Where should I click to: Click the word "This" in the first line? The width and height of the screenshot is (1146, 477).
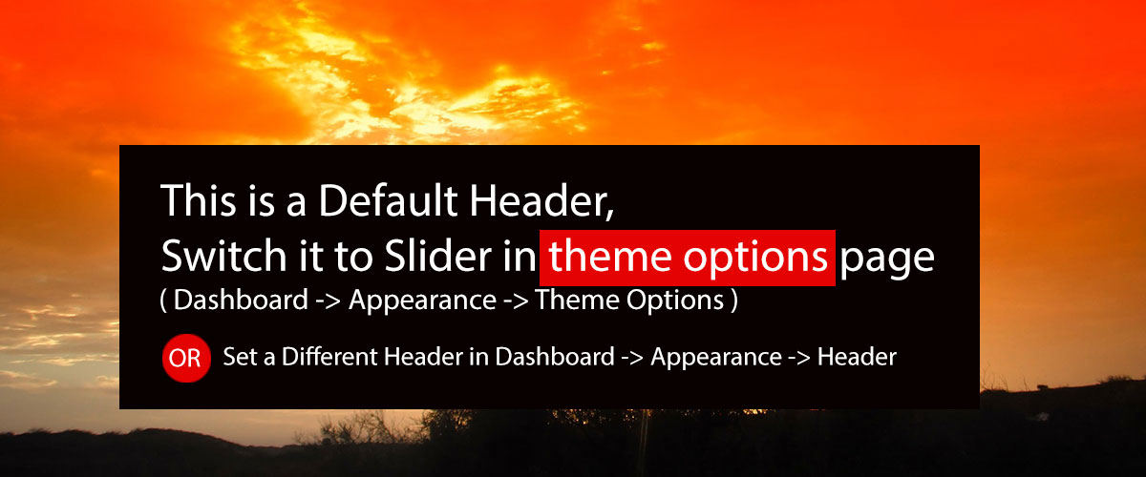[x=199, y=200]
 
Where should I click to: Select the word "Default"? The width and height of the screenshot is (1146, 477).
[x=388, y=200]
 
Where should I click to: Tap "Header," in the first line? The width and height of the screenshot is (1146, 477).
[x=542, y=201]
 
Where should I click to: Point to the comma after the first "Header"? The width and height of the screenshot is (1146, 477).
[x=609, y=215]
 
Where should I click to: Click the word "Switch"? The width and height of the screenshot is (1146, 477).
[x=224, y=256]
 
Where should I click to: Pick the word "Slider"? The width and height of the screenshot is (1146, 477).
[x=438, y=256]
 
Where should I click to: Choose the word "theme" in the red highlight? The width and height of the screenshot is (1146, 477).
[x=610, y=257]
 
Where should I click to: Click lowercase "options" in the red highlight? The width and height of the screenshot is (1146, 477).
[x=755, y=259]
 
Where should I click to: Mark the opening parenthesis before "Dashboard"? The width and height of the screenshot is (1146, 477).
[x=163, y=301]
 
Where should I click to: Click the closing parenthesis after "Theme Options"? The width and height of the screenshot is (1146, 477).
[x=734, y=301]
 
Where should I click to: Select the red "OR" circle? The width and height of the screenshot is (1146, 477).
[x=186, y=358]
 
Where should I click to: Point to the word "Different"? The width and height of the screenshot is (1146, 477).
[x=329, y=357]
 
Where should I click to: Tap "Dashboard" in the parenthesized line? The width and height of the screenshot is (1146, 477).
[x=241, y=300]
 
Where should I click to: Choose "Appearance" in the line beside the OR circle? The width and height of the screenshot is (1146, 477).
[x=716, y=359]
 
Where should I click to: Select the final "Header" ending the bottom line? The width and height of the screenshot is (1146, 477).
[x=857, y=357]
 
